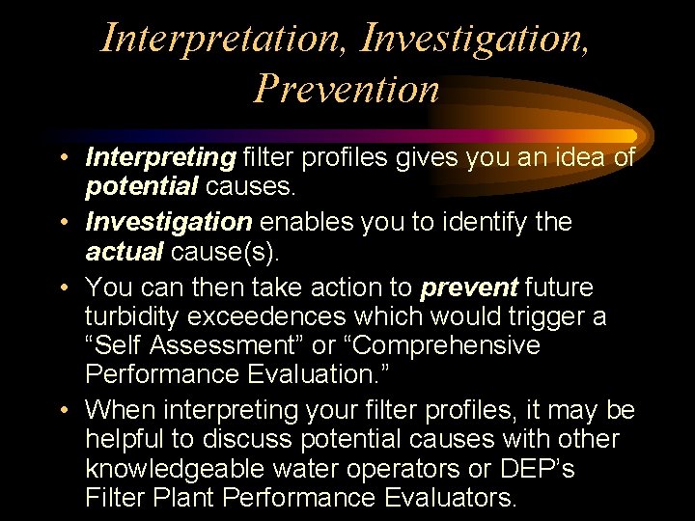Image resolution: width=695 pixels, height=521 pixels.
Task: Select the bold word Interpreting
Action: coord(160,156)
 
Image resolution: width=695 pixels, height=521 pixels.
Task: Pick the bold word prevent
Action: coord(469,288)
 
